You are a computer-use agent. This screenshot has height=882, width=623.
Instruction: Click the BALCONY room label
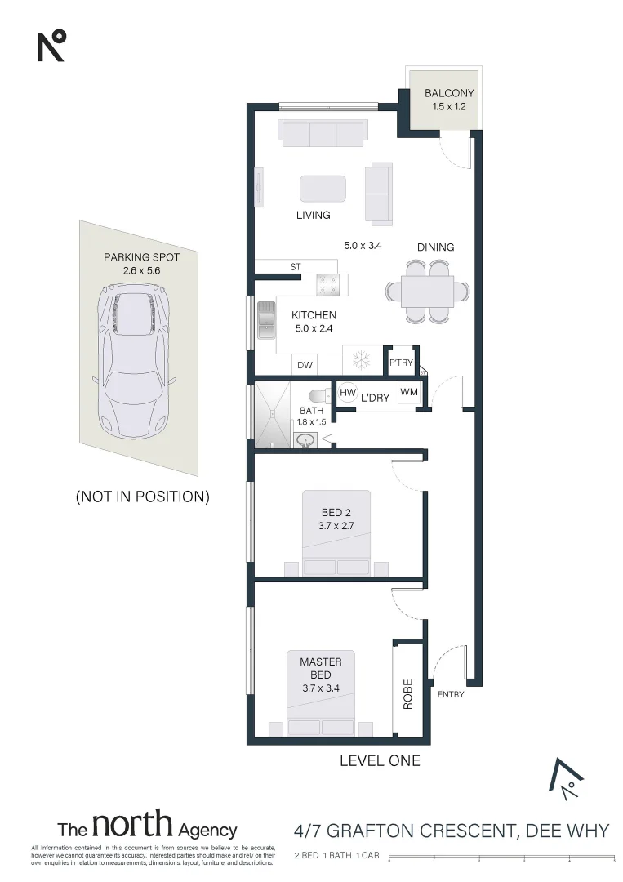click(x=449, y=93)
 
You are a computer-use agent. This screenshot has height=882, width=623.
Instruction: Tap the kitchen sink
click(x=266, y=321)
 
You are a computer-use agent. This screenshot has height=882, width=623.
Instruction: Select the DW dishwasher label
click(x=305, y=365)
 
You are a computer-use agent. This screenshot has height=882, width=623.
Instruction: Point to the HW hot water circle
click(x=348, y=393)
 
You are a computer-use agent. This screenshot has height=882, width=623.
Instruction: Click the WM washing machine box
click(x=409, y=392)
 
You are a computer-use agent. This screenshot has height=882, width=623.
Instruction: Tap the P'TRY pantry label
click(x=401, y=363)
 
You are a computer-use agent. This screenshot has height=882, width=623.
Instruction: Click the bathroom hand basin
click(x=306, y=440)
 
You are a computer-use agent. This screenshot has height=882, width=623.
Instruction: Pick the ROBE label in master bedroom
click(x=407, y=694)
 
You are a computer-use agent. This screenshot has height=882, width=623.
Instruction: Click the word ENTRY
click(x=451, y=695)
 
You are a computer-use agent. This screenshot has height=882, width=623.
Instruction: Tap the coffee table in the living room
click(x=323, y=189)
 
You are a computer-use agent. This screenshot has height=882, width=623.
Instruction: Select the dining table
click(x=427, y=292)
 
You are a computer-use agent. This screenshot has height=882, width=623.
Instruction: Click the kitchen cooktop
click(x=328, y=284)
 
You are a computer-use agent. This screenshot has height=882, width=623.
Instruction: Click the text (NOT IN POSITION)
click(x=143, y=497)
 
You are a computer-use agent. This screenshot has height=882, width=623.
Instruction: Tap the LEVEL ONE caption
click(x=380, y=760)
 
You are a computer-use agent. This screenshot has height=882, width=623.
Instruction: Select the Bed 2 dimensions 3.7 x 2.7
click(x=336, y=526)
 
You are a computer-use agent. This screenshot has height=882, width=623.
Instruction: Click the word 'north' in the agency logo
click(x=132, y=824)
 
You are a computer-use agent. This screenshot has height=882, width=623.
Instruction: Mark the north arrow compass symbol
click(x=567, y=780)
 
